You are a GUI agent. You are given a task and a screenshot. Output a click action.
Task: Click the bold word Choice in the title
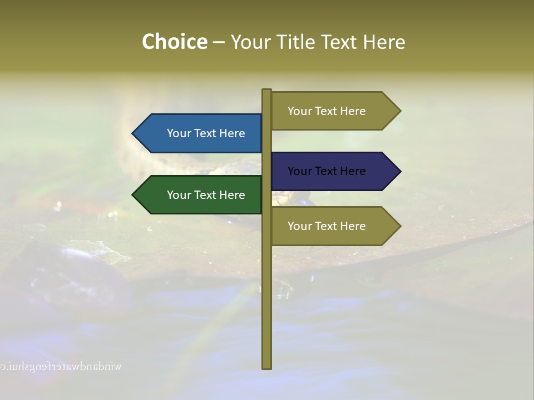pyautogui.click(x=174, y=42)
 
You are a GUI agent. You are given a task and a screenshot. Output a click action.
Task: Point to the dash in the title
pyautogui.click(x=219, y=42)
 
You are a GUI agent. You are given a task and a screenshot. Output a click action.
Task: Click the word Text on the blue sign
pyautogui.click(x=206, y=133)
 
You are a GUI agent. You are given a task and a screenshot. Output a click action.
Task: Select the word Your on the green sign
pyautogui.click(x=179, y=195)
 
